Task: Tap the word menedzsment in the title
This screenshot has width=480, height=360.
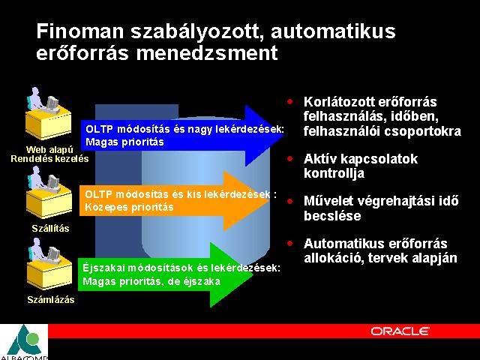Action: click(x=207, y=53)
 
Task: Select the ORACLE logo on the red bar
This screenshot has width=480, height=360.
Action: click(x=400, y=331)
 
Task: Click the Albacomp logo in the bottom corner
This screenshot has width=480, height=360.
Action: click(x=24, y=342)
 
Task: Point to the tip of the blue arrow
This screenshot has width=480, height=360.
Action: click(x=283, y=136)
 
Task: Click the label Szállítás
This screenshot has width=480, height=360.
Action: click(x=50, y=228)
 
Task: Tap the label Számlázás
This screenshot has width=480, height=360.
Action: click(x=51, y=299)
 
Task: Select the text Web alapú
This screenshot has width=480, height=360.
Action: click(x=49, y=150)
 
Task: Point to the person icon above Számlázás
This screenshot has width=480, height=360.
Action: click(x=49, y=264)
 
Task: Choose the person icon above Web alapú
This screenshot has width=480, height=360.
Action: click(x=48, y=113)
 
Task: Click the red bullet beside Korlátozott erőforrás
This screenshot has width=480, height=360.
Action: click(x=290, y=102)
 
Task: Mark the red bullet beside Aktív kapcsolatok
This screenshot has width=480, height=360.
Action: click(x=290, y=158)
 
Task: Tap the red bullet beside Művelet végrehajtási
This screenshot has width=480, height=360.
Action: click(x=290, y=201)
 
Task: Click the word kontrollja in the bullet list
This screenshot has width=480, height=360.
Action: click(x=334, y=173)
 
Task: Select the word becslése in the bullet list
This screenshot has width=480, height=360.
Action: click(x=332, y=216)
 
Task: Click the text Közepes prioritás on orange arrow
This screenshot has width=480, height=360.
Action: click(x=129, y=207)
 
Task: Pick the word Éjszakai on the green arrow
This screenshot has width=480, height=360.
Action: click(x=103, y=268)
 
